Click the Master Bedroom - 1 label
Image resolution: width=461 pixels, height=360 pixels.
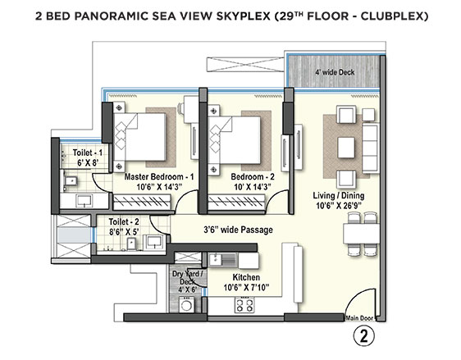point(159,177)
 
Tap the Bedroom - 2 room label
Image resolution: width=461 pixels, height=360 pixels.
point(253,177)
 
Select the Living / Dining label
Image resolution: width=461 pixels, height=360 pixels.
point(339,196)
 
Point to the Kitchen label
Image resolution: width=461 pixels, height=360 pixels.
point(246,277)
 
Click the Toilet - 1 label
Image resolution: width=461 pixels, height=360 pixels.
point(88,153)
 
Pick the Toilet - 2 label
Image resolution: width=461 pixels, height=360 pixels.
point(124,221)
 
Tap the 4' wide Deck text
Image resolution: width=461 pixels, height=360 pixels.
point(335,72)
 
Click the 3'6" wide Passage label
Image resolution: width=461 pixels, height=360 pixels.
point(238,230)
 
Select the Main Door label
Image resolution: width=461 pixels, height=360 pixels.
point(359,318)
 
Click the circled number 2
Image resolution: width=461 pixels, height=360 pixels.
point(364,336)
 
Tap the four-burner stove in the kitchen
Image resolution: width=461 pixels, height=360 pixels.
point(244,305)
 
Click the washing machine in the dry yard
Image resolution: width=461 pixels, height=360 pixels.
point(186,305)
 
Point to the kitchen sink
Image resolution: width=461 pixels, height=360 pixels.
point(222,260)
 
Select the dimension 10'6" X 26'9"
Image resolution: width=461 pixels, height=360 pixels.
point(339,205)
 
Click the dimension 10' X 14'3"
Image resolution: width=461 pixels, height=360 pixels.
point(253,187)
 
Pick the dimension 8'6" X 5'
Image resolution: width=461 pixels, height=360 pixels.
point(124,232)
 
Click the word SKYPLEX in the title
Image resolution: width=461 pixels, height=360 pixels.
point(244,16)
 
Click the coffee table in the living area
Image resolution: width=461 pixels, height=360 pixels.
point(346,148)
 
